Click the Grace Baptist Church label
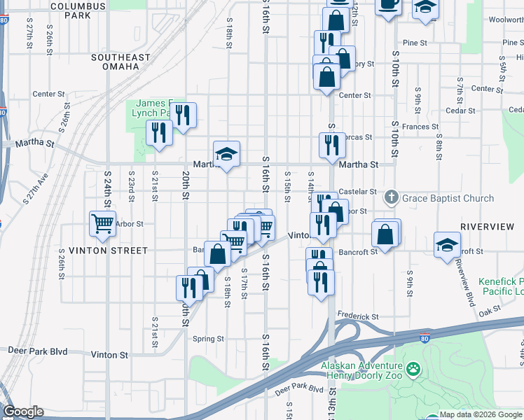tap(448, 198)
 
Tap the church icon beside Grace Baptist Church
tap(392, 198)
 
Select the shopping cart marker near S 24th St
tap(102, 224)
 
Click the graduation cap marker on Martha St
tap(226, 155)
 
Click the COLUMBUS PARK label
tap(78, 10)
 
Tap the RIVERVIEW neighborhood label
tap(488, 227)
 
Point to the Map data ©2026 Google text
tap(479, 414)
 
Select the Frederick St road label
tap(357, 316)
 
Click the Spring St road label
tap(208, 339)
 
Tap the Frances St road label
tap(420, 127)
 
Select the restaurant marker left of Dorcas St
tap(331, 144)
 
